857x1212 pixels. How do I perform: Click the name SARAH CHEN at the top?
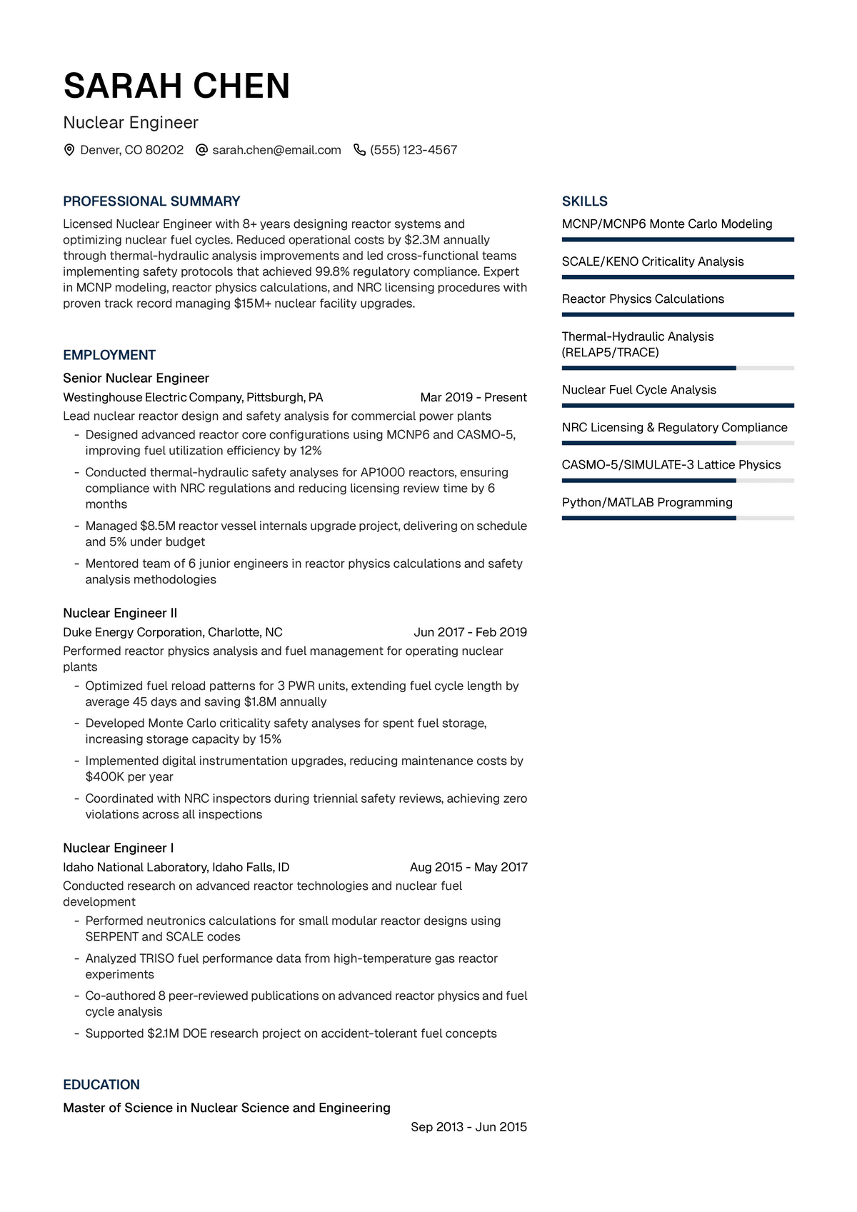(x=176, y=86)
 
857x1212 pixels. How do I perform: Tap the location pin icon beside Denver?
(x=69, y=150)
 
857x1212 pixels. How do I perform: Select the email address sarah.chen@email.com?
(x=276, y=150)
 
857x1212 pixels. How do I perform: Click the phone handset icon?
(x=359, y=150)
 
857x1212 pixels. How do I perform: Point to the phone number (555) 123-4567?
(x=414, y=150)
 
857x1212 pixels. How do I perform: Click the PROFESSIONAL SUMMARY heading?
(x=151, y=201)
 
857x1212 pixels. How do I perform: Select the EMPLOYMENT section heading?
(x=109, y=355)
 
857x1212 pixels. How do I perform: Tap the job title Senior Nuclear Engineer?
(x=136, y=378)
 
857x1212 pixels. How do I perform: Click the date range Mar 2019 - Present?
(x=473, y=397)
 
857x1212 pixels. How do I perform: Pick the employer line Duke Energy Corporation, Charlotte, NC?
(x=173, y=632)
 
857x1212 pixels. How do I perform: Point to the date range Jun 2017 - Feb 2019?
(x=470, y=632)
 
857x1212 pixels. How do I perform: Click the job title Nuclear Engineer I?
(x=119, y=848)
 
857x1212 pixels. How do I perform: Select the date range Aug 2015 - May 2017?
(x=468, y=867)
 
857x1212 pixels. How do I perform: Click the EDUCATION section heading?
(x=101, y=1085)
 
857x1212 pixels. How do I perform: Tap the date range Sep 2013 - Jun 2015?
(x=468, y=1127)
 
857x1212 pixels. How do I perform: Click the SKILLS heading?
(x=585, y=201)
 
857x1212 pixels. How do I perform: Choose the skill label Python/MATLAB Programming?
(x=647, y=502)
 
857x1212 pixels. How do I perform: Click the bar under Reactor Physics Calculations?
(x=678, y=314)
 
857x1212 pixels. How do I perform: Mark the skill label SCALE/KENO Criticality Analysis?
(x=653, y=261)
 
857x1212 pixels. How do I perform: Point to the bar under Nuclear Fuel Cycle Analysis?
(x=678, y=405)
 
